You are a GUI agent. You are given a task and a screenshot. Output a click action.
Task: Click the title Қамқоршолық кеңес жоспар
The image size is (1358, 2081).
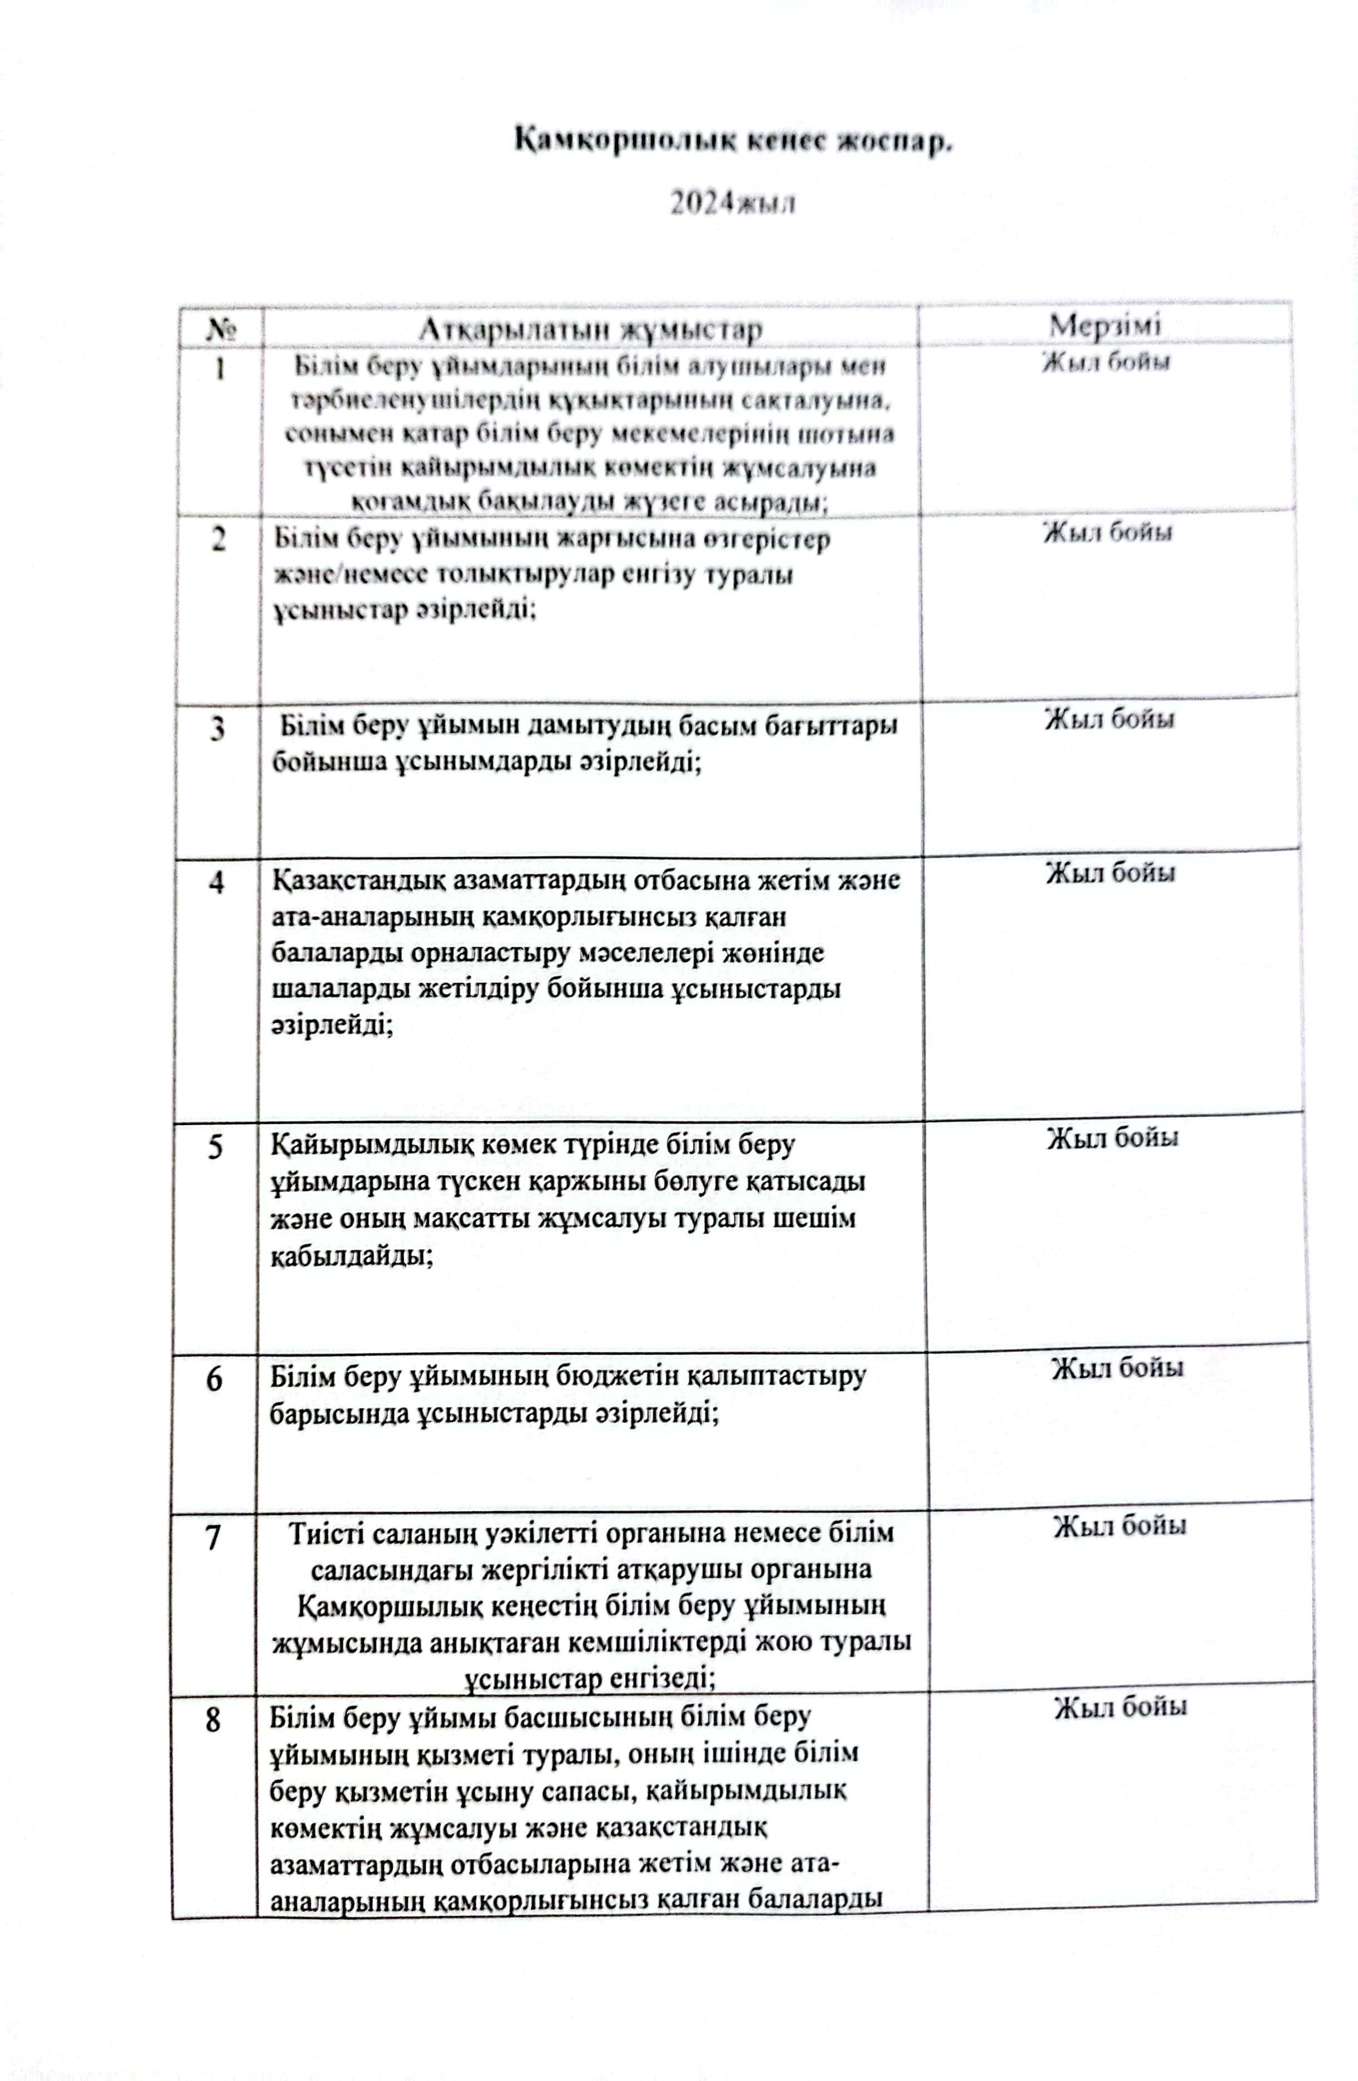733,142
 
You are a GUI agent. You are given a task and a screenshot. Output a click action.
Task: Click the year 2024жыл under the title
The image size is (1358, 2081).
733,204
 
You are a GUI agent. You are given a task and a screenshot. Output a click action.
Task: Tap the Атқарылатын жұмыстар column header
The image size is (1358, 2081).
590,330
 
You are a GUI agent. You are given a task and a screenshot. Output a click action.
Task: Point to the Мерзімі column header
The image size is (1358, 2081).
1105,325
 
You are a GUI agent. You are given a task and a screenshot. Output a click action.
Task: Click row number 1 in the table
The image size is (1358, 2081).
220,369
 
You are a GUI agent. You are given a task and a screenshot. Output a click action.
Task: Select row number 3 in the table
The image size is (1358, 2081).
218,728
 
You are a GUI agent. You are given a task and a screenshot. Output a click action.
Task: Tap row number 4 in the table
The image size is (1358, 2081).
217,882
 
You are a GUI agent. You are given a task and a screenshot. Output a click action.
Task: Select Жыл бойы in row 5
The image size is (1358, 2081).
1112,1138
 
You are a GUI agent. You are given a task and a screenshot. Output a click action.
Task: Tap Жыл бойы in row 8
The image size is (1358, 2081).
1120,1707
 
